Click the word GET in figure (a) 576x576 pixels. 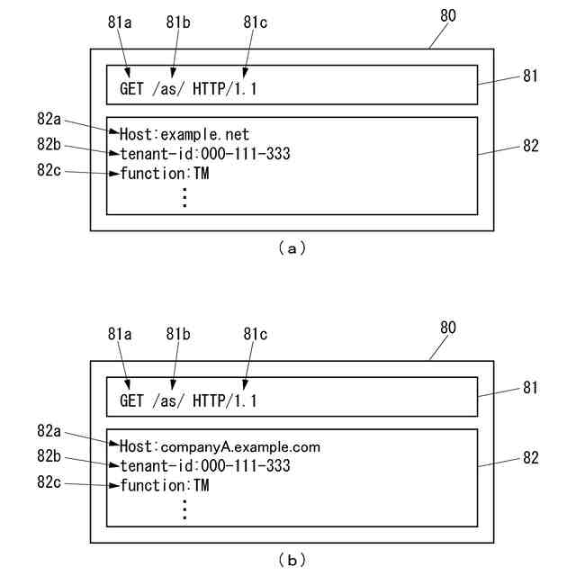(x=131, y=89)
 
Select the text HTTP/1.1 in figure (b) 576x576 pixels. (x=225, y=400)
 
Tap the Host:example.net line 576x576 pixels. (x=184, y=134)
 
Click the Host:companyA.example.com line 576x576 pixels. (x=220, y=446)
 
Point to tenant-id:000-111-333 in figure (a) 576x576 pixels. (x=205, y=154)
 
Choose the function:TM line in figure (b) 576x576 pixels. (x=165, y=486)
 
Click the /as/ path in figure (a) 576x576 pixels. (x=168, y=89)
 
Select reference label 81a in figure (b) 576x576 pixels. (x=120, y=334)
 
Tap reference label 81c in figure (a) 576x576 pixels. (x=256, y=22)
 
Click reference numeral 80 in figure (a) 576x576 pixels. (x=448, y=15)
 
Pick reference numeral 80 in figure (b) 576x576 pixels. (x=448, y=328)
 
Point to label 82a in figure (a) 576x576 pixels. (x=49, y=119)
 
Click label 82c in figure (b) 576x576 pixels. (x=49, y=482)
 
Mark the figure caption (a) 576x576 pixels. (x=292, y=248)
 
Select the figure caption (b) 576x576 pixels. (x=292, y=560)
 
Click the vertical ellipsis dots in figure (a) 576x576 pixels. (x=184, y=198)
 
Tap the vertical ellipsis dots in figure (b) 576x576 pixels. (x=184, y=509)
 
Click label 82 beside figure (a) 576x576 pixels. (x=531, y=146)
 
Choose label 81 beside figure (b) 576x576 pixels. (x=530, y=388)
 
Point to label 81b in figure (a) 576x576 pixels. (x=178, y=22)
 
